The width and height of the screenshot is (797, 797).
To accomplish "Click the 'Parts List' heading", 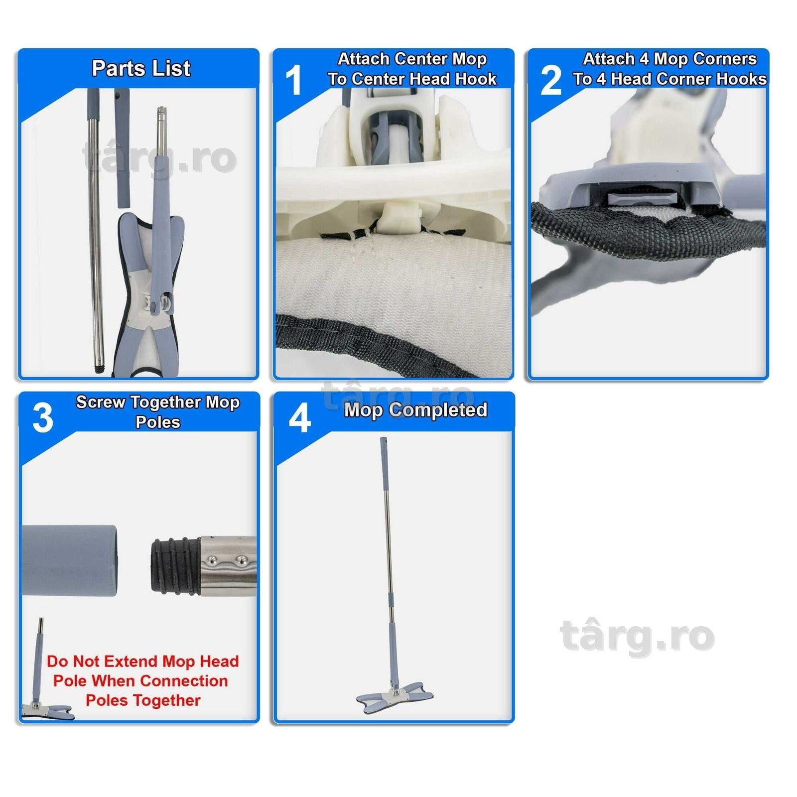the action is (141, 68).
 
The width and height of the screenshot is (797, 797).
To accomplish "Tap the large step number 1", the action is (294, 80).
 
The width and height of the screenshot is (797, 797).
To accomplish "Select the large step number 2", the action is (551, 80).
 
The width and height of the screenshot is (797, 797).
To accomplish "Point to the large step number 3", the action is (43, 417).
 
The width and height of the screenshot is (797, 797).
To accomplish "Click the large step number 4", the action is (300, 417).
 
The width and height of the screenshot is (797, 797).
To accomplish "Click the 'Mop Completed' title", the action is (415, 409).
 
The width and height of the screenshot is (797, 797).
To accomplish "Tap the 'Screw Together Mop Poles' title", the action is (158, 411).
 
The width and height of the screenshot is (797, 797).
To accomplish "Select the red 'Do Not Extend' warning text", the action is (142, 680).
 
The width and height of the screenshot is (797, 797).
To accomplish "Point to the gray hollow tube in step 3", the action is (69, 561).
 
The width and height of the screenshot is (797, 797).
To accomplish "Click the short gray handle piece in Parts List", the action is (123, 148).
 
